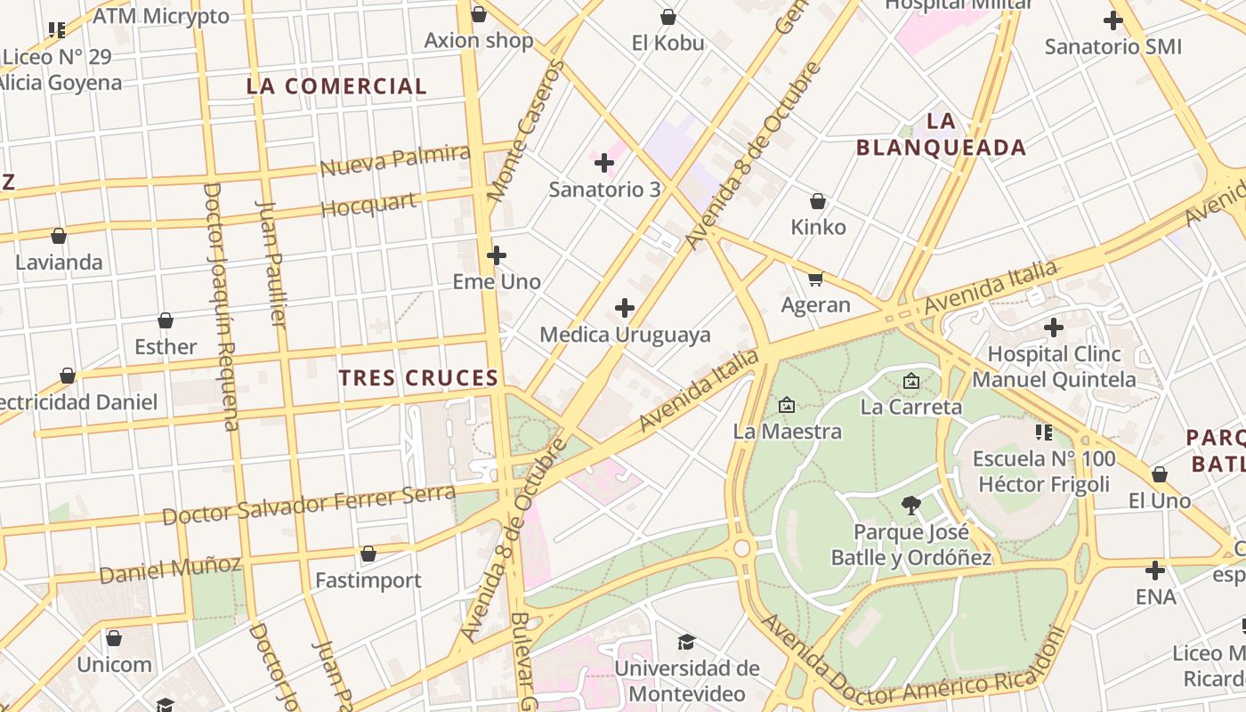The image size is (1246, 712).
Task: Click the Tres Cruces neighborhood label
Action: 418,378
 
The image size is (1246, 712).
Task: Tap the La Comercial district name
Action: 336,86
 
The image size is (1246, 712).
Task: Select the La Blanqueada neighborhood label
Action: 941,134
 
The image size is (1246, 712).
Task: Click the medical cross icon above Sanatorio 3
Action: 604,163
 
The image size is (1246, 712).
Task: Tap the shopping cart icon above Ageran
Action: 815,279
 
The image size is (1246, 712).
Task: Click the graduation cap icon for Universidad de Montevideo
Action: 686,643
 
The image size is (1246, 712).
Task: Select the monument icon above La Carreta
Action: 911,382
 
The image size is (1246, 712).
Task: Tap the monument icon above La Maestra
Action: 787,406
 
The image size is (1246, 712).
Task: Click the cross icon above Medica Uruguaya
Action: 625,309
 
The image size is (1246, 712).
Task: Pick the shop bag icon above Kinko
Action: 818,202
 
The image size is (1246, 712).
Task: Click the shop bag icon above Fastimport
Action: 368,554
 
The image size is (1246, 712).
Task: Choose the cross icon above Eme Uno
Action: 497,256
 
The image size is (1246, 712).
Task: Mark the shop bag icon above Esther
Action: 166,321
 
